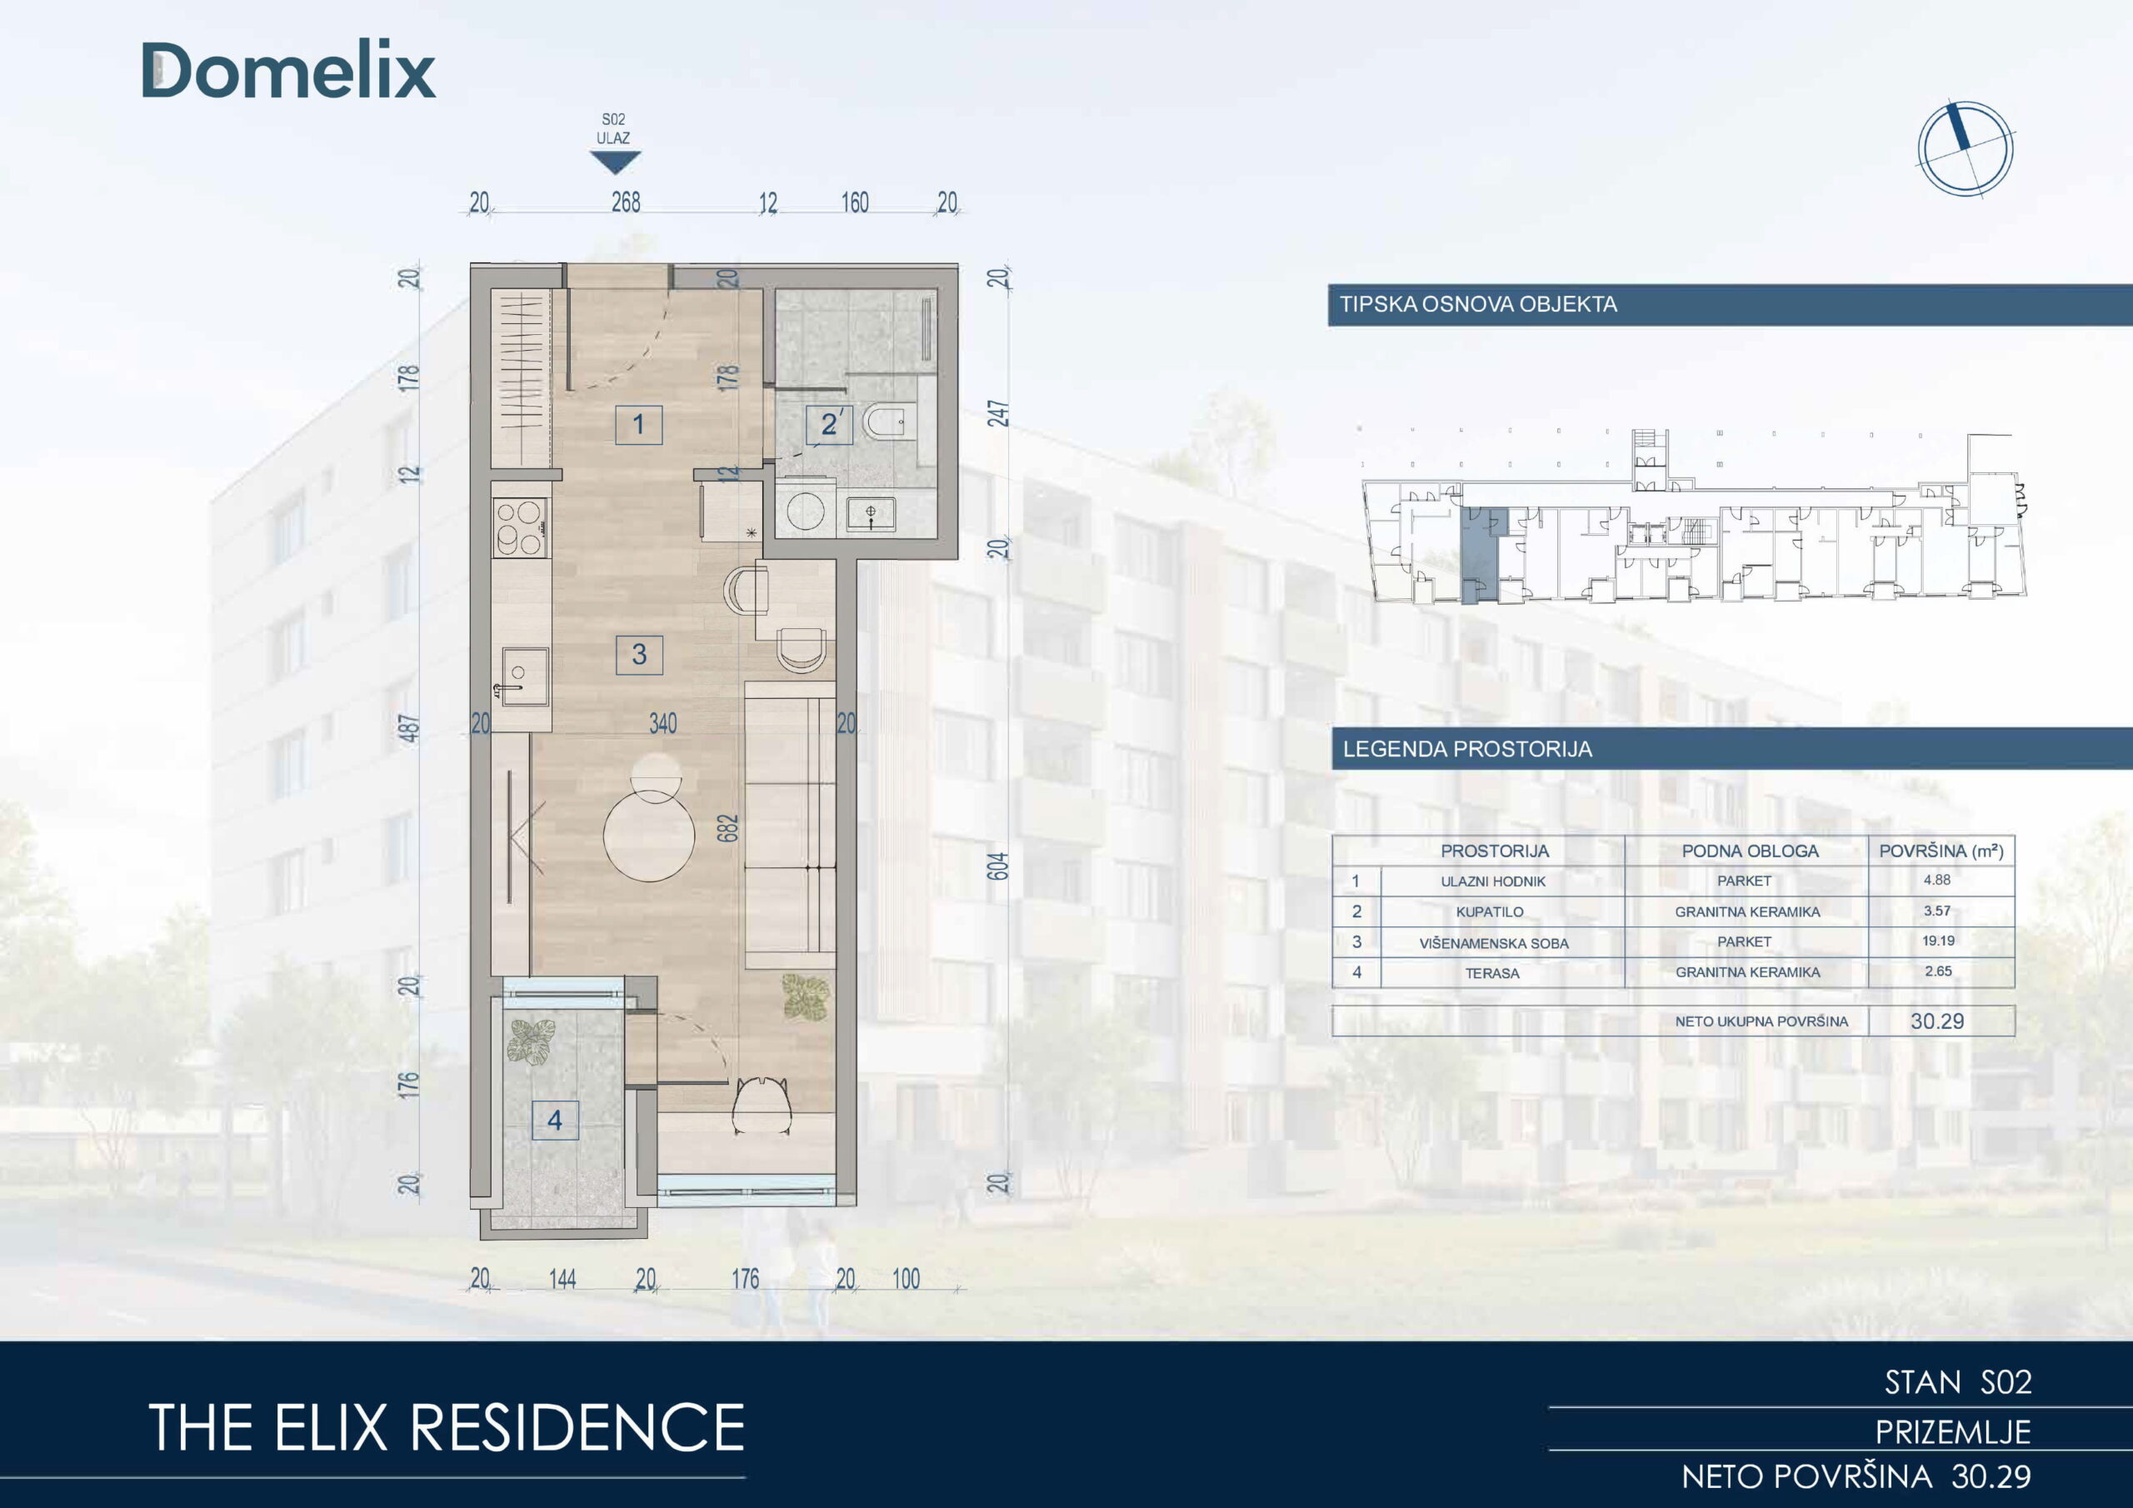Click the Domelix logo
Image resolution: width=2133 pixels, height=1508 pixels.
point(288,71)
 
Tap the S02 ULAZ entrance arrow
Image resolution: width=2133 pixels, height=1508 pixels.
point(615,162)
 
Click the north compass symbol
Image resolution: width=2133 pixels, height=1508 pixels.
point(1965,148)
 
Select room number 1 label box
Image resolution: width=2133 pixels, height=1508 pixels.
point(638,425)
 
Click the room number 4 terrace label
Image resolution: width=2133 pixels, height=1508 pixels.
point(555,1121)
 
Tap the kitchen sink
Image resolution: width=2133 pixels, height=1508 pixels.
point(523,677)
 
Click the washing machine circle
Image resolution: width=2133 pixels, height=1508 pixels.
point(805,511)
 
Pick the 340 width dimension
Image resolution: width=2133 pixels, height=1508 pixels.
point(662,723)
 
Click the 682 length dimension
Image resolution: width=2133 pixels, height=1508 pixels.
point(727,829)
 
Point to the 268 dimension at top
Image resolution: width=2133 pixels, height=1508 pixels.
point(625,202)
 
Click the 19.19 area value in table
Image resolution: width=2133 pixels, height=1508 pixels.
point(1938,941)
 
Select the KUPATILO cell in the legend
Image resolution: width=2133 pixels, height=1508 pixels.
point(1489,911)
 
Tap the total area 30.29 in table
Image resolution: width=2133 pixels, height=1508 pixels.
point(1937,1021)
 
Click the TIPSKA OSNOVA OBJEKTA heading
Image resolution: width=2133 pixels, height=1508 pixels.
point(1478,304)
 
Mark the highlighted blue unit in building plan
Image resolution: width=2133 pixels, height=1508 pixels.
point(1479,555)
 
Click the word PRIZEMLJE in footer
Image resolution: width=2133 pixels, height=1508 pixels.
point(1953,1432)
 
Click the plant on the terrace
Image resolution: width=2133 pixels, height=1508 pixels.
point(532,1041)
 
